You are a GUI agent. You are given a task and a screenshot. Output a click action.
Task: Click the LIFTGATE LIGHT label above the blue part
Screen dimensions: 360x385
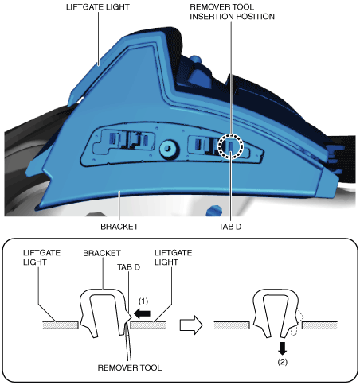(x=98, y=7)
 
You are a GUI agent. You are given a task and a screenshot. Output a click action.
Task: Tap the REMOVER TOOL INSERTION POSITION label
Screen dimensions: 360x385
(x=232, y=12)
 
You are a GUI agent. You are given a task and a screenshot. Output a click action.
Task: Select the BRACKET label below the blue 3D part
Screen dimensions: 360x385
(x=119, y=227)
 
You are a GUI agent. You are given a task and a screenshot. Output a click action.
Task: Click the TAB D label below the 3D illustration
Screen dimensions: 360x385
(x=230, y=227)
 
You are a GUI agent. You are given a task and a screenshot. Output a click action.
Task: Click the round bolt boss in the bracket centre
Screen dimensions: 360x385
(x=168, y=149)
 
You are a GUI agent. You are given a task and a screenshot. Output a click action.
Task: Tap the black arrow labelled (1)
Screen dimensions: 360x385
(x=143, y=314)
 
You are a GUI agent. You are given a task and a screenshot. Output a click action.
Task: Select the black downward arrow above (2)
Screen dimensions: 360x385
(x=282, y=348)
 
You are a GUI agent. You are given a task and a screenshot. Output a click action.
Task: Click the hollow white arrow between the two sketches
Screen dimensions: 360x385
(x=191, y=325)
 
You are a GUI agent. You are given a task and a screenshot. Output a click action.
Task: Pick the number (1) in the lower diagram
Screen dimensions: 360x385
(x=143, y=301)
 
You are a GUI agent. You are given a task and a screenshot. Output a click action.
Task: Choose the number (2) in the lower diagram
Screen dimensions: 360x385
(x=282, y=362)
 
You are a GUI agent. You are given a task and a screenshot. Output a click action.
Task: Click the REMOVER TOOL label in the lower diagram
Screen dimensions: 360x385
(x=130, y=367)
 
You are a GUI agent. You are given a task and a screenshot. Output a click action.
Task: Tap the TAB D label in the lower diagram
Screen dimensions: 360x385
(x=128, y=267)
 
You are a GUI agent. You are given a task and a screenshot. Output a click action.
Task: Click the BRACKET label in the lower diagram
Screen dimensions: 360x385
(x=102, y=253)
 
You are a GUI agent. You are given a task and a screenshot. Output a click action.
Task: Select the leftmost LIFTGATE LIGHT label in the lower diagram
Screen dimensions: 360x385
(x=41, y=258)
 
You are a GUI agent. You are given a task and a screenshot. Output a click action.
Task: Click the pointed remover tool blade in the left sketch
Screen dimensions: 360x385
(x=128, y=340)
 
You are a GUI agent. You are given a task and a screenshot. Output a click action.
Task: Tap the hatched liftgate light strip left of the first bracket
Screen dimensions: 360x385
(x=61, y=325)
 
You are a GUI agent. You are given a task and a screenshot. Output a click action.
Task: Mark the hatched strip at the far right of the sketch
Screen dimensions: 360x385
(x=319, y=325)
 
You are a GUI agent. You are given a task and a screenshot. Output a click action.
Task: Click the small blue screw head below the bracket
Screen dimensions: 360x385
(x=214, y=211)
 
